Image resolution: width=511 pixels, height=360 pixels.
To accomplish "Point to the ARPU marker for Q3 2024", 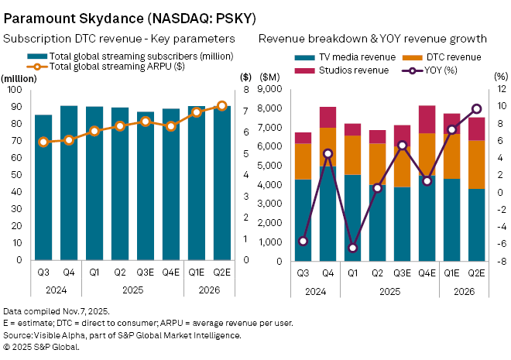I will click(x=43, y=142).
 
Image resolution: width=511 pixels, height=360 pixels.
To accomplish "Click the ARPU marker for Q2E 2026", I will click(x=221, y=105).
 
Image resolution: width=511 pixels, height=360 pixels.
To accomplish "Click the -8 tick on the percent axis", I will click(x=501, y=261).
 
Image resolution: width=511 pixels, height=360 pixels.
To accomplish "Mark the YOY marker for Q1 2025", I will click(x=353, y=248).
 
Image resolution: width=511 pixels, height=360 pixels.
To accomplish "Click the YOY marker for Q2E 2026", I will click(x=477, y=108).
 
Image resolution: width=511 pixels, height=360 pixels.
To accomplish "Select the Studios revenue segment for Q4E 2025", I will click(x=427, y=119).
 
